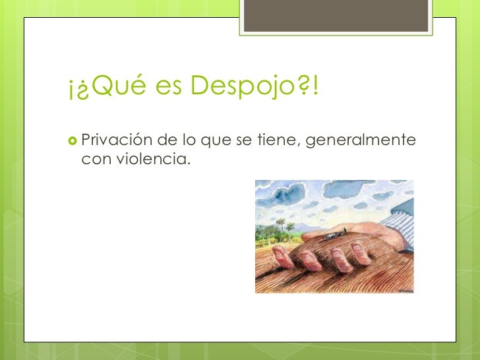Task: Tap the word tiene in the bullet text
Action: [x=281, y=141]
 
